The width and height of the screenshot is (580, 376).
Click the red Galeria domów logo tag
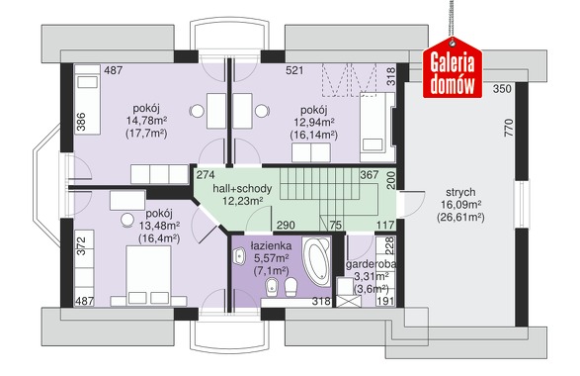pos(453,68)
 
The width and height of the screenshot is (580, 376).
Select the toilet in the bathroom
pos(291,287)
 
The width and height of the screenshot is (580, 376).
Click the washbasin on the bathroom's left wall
pos(239,255)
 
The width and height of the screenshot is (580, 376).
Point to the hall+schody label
pos(242,189)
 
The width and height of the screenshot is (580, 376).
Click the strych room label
pos(460,192)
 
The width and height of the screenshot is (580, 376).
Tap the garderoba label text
pos(371,264)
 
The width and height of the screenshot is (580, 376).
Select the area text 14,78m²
pos(146,121)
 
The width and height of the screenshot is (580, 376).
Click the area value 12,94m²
pos(314,122)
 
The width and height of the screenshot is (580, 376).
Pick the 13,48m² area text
pos(159,226)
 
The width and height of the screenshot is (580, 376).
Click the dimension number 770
pos(509,128)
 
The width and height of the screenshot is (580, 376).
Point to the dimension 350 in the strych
pos(502,89)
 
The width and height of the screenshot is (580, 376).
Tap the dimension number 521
pos(294,70)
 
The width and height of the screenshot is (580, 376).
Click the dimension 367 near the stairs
pos(370,175)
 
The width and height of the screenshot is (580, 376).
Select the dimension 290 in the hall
pos(286,225)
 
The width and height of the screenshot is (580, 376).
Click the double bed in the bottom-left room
pos(148,275)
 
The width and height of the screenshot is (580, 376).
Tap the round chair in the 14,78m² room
pos(197,111)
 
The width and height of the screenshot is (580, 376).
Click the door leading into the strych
pos(411,204)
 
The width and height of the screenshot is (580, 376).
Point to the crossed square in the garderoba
pos(345,301)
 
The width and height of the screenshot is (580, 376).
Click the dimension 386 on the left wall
pos(81,122)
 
